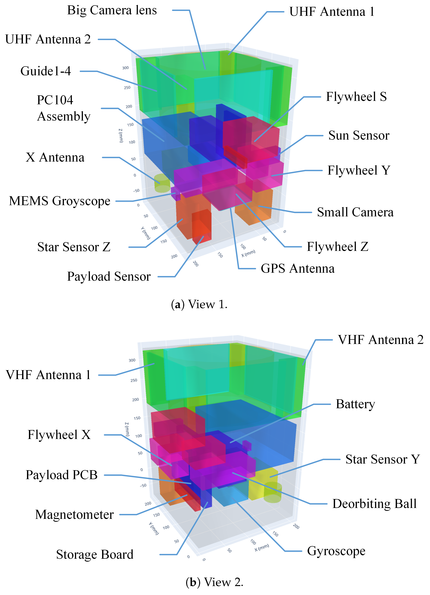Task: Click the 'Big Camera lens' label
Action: click(112, 10)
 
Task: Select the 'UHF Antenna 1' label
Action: click(332, 12)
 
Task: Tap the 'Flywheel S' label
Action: click(356, 97)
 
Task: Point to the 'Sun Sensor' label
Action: click(359, 136)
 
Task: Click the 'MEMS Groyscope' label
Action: click(60, 201)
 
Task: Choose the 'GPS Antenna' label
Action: click(298, 269)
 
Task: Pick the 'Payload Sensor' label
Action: click(109, 277)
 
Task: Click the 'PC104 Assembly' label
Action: click(63, 108)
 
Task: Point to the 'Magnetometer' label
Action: click(74, 514)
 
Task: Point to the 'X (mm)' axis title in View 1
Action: click(248, 253)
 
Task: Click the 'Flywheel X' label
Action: click(59, 435)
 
